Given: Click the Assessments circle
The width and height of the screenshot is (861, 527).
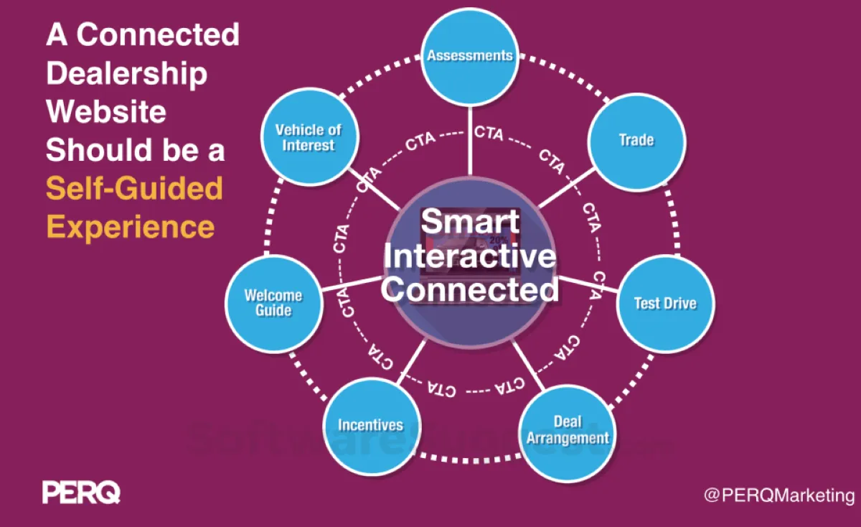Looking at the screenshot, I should [469, 56].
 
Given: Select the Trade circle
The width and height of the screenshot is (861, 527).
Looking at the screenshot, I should [636, 139].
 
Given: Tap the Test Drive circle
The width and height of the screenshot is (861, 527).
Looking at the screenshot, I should [664, 303].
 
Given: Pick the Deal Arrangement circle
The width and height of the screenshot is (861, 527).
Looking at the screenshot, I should [568, 429].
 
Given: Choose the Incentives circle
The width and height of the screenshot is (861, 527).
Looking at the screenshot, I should [370, 424].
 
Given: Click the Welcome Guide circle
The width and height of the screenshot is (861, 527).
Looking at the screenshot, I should [273, 302].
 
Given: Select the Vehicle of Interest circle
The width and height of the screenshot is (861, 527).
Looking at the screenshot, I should [309, 136].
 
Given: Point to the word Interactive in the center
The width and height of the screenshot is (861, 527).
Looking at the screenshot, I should [471, 256].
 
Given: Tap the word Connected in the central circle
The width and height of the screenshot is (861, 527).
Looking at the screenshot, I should [471, 289].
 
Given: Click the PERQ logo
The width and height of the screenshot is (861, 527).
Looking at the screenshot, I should [81, 493].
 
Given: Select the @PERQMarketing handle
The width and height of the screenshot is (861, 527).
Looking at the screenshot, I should [778, 495].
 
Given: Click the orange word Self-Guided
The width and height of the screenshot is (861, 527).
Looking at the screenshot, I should [134, 189].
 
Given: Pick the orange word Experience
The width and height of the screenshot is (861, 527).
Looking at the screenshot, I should [131, 227].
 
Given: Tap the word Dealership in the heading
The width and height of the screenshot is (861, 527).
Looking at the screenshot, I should [127, 73].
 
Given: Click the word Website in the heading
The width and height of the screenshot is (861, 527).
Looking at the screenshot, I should [106, 111].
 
